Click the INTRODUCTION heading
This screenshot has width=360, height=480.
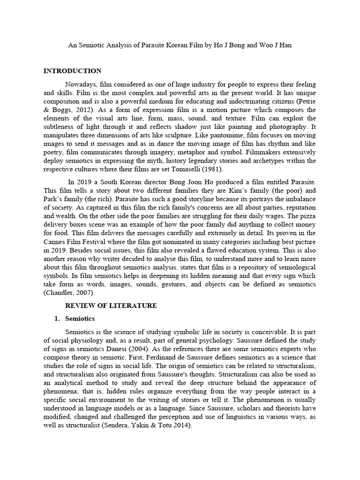tap(72, 71)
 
